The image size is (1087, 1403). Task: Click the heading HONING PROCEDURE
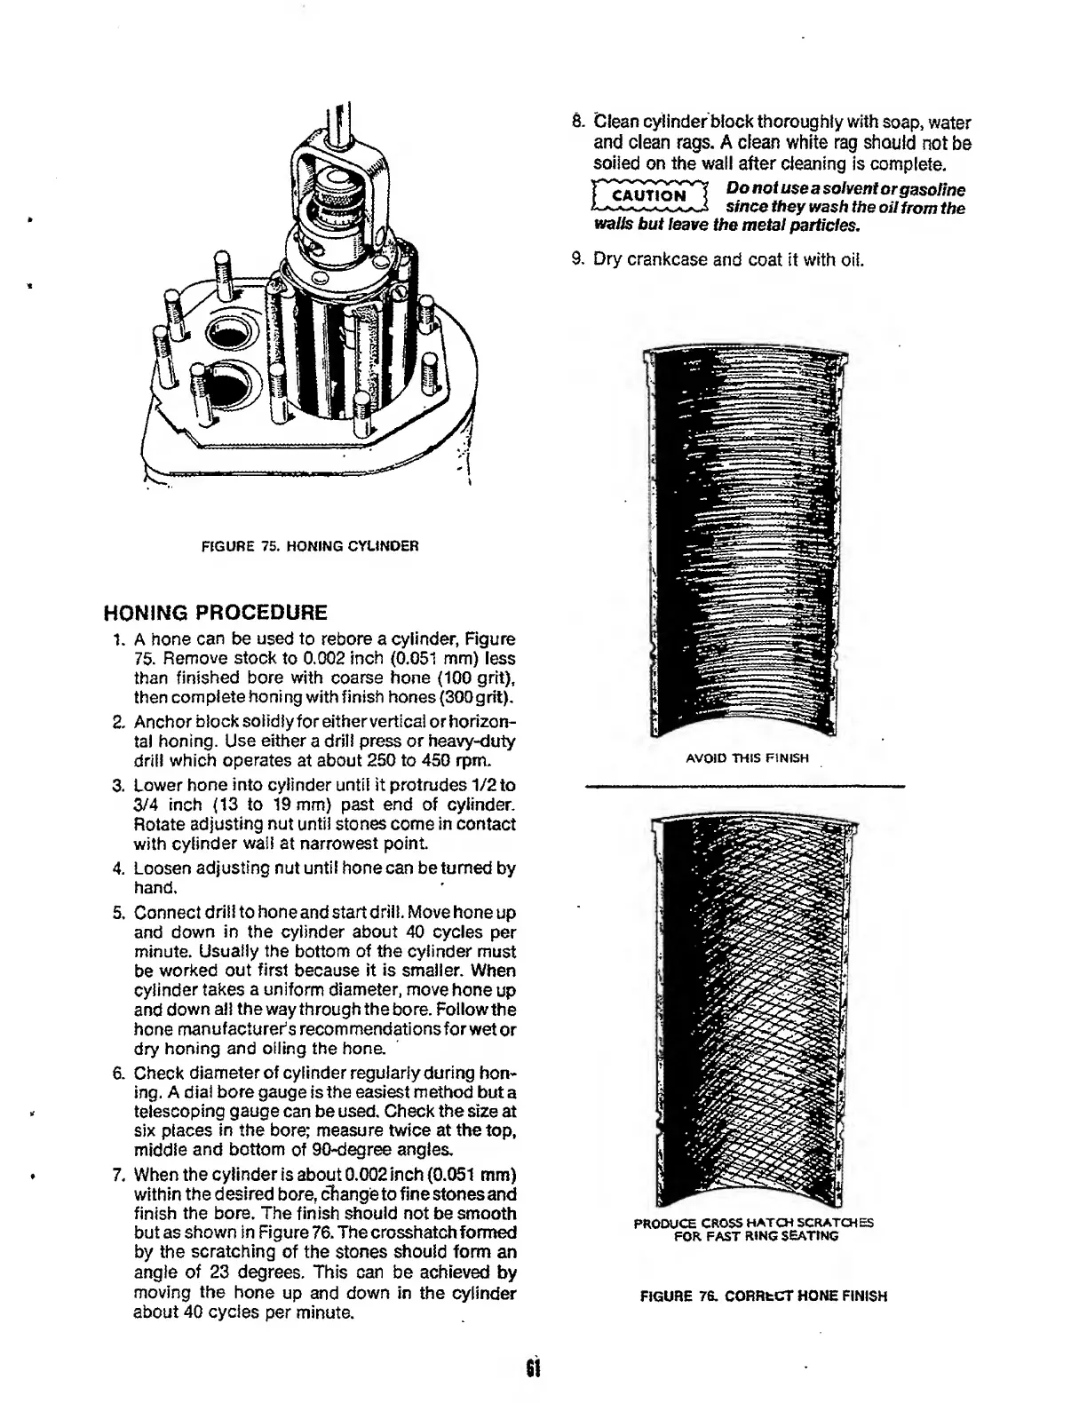pos(216,613)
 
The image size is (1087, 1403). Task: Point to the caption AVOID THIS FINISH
pos(747,758)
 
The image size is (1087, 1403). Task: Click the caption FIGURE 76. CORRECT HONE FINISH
pos(764,1296)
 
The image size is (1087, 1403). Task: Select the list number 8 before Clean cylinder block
pos(577,123)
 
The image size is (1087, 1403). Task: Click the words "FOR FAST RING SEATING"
pos(755,1235)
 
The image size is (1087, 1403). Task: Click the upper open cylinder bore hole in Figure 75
pos(233,335)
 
